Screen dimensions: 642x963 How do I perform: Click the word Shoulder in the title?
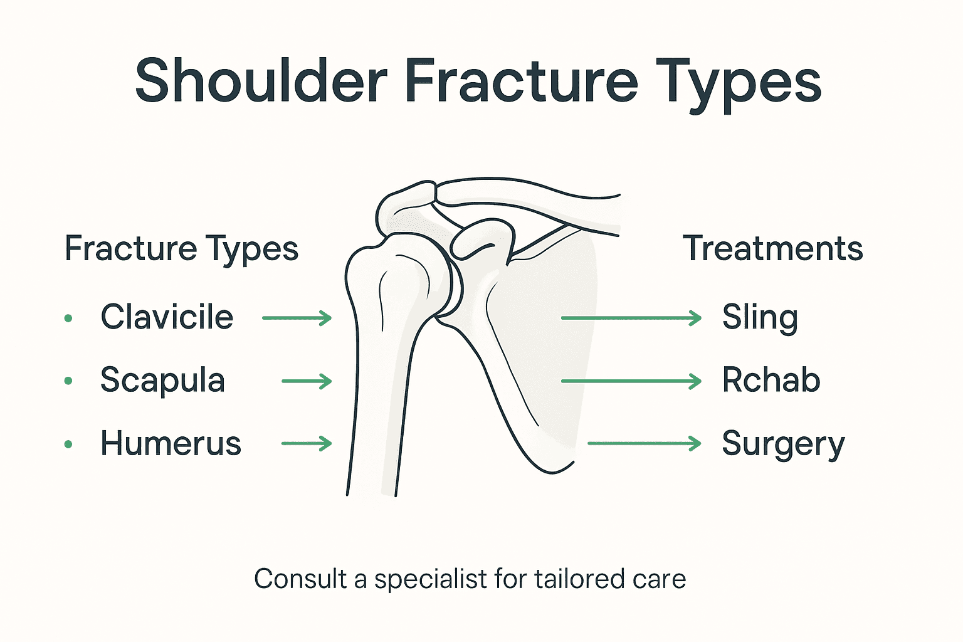pyautogui.click(x=261, y=82)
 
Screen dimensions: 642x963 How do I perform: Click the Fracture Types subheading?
pyautogui.click(x=181, y=249)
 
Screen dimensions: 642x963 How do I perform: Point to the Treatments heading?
pyautogui.click(x=772, y=248)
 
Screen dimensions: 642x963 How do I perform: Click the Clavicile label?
pyautogui.click(x=167, y=317)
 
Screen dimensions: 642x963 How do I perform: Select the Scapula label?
pyautogui.click(x=162, y=380)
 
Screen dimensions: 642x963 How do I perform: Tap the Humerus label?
pyautogui.click(x=171, y=443)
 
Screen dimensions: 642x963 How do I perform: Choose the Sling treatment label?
pyautogui.click(x=760, y=317)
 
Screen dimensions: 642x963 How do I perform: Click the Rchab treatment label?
pyautogui.click(x=771, y=380)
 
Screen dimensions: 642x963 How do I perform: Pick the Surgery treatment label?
pyautogui.click(x=783, y=445)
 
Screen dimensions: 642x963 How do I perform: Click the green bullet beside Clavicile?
pyautogui.click(x=68, y=318)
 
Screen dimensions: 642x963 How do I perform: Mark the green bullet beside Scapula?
pyautogui.click(x=68, y=381)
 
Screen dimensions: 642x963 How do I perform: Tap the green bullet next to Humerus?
pyautogui.click(x=68, y=445)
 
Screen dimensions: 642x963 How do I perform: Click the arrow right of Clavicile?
pyautogui.click(x=297, y=318)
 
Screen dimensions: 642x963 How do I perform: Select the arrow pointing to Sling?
pyautogui.click(x=631, y=318)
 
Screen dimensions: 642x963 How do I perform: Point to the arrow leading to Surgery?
pyautogui.click(x=644, y=444)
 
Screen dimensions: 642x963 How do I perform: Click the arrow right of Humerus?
pyautogui.click(x=306, y=444)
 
